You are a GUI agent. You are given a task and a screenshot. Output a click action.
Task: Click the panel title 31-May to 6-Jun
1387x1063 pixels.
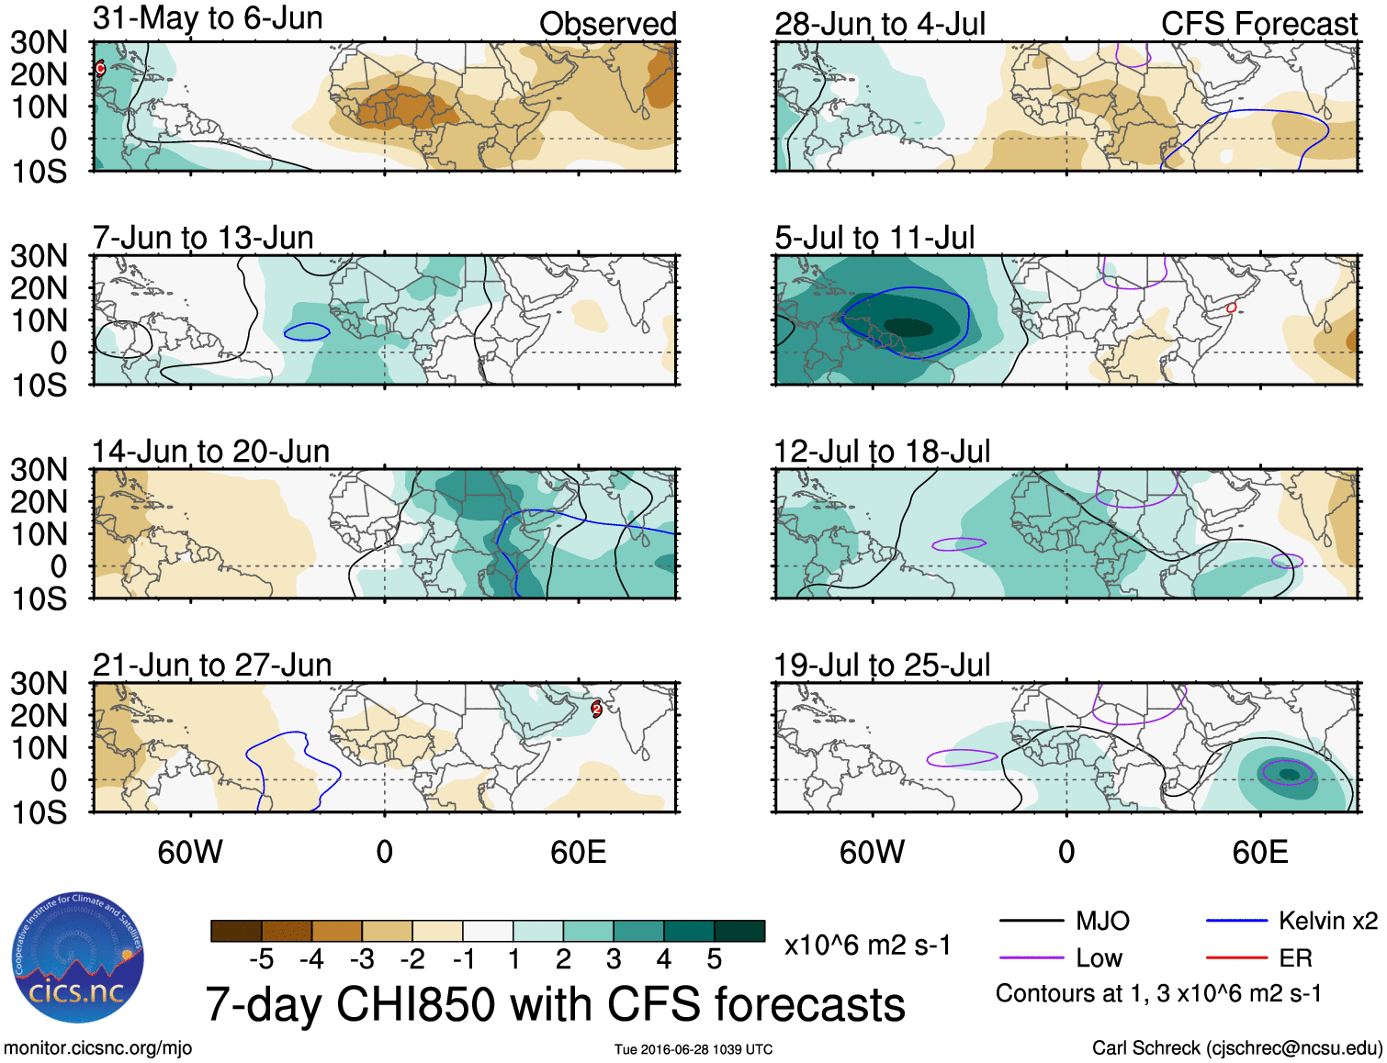click(208, 18)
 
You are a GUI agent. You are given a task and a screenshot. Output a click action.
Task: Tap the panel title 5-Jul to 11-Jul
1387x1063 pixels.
click(874, 238)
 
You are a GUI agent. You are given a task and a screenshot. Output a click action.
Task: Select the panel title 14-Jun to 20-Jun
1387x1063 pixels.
click(210, 452)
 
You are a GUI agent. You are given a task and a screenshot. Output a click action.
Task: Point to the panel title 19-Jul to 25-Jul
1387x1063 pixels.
click(882, 666)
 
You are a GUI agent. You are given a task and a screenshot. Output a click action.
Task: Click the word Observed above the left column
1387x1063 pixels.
click(607, 24)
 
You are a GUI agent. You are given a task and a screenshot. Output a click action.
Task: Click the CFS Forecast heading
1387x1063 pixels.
click(1258, 24)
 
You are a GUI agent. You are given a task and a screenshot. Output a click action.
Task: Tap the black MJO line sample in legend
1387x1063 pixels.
click(1031, 921)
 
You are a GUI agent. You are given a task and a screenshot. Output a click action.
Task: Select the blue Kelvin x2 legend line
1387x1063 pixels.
click(1236, 921)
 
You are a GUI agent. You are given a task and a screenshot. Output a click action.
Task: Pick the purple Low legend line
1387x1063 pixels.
click(1031, 958)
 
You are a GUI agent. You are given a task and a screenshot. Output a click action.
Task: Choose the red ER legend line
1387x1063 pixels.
click(1236, 958)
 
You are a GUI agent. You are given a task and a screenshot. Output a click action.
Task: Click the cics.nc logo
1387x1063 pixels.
click(78, 958)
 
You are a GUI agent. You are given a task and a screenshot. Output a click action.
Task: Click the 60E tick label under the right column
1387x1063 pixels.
click(1259, 853)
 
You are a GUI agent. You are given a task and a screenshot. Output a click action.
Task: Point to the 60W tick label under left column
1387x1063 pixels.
click(190, 853)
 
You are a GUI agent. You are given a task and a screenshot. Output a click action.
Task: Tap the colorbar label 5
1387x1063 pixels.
click(715, 960)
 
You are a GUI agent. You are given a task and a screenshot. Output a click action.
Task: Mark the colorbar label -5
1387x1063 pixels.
click(262, 960)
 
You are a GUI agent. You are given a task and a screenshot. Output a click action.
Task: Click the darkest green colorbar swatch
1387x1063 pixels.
click(739, 931)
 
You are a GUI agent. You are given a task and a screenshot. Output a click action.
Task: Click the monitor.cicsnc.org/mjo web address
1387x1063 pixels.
click(98, 1048)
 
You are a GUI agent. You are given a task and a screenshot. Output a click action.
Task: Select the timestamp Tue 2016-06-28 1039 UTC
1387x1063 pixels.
click(693, 1049)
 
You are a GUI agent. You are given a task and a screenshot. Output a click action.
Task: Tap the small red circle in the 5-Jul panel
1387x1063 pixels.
click(1232, 308)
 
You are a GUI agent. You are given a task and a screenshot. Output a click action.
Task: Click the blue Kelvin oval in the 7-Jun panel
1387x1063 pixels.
click(307, 331)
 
